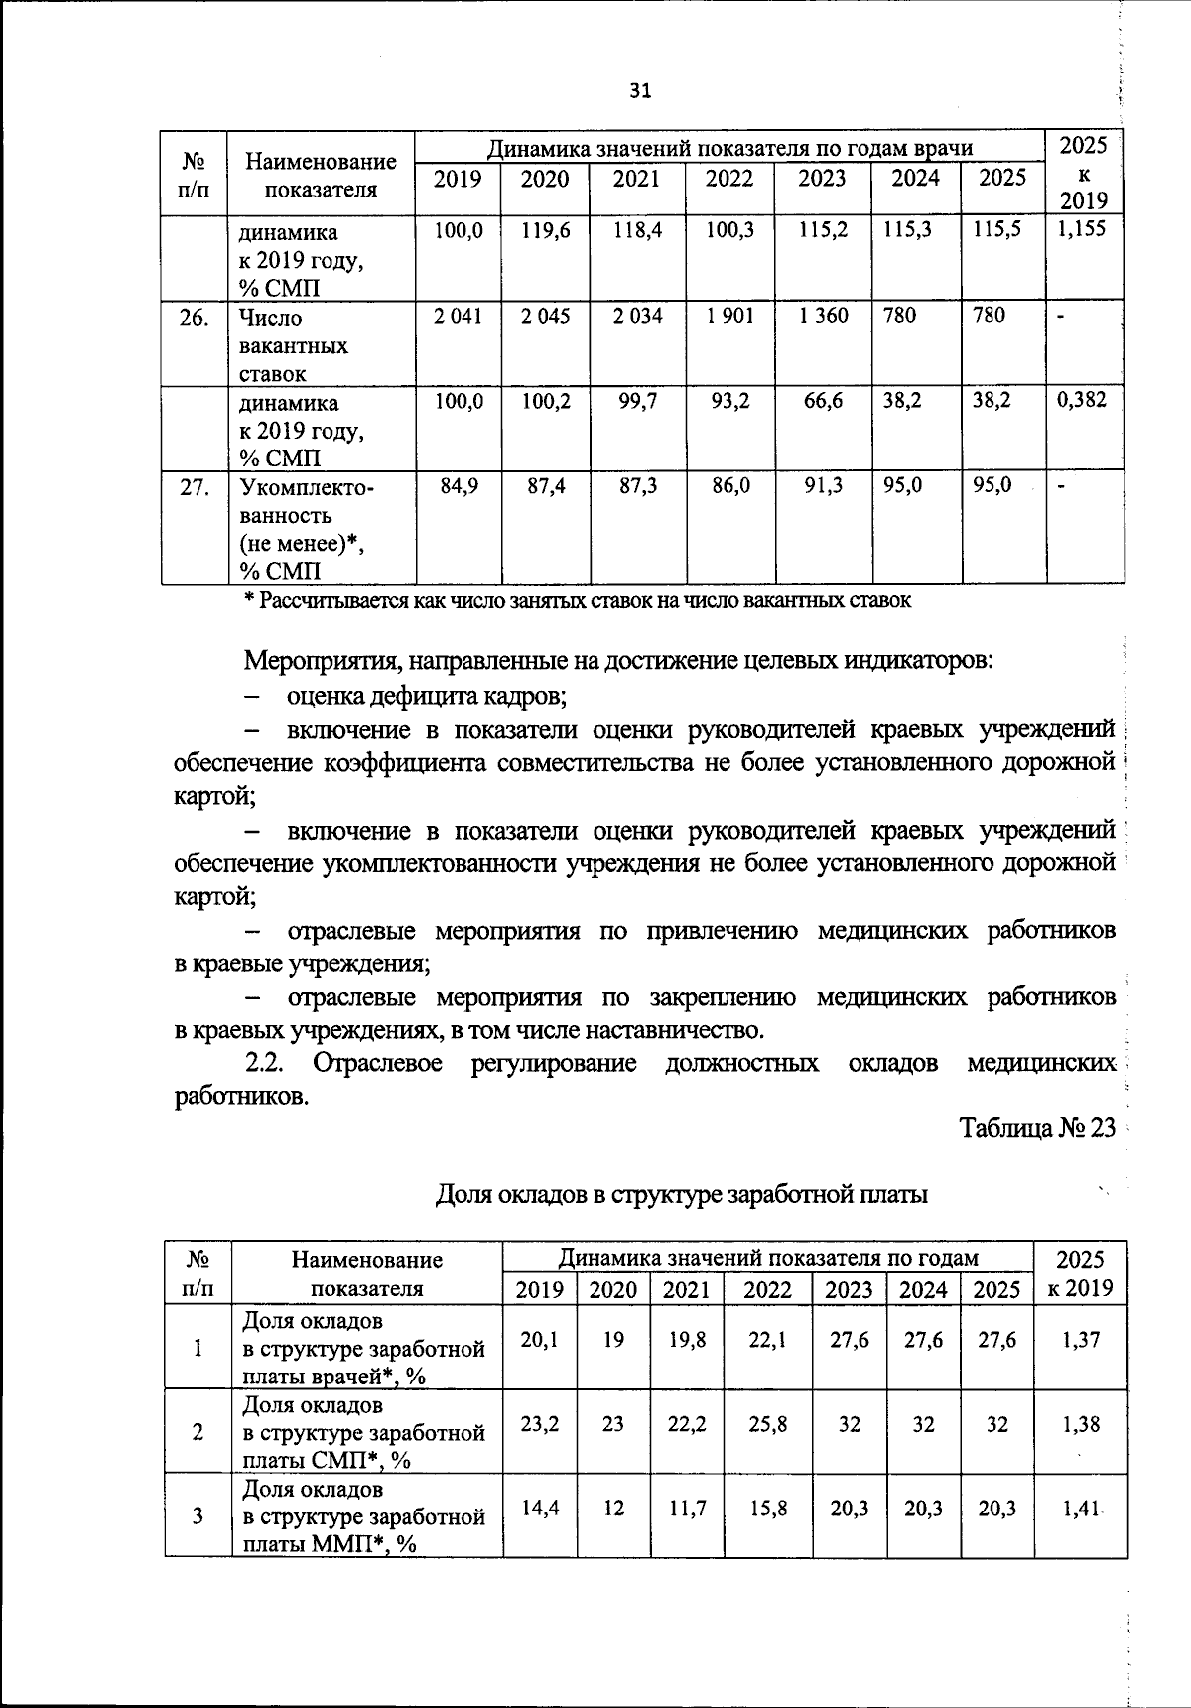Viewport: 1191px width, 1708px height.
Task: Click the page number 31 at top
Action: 640,91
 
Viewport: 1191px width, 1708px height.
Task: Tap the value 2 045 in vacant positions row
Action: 545,316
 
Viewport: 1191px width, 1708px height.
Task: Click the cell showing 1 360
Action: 823,316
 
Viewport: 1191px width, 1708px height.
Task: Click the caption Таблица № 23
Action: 1037,1128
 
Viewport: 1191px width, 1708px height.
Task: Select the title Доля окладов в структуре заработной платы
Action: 682,1195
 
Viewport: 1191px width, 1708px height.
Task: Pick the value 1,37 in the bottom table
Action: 1080,1340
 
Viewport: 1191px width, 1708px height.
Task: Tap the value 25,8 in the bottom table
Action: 768,1424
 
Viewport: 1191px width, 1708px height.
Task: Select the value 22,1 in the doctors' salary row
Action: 768,1340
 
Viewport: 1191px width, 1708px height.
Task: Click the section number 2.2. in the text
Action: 265,1063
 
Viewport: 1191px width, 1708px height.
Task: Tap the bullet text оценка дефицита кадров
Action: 427,696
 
